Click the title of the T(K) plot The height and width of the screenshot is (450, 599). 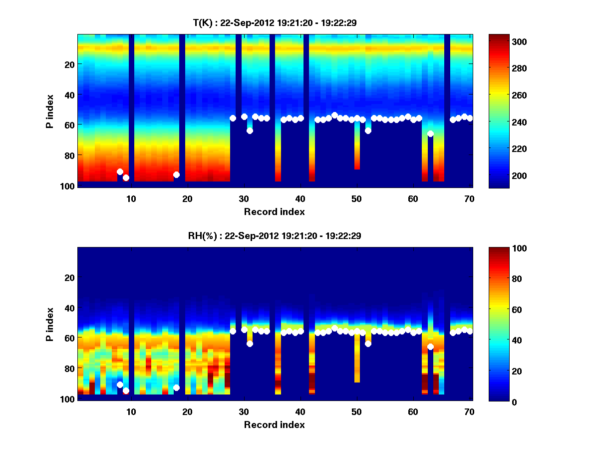(275, 22)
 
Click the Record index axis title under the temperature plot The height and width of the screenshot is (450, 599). (275, 211)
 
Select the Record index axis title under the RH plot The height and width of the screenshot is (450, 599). (275, 424)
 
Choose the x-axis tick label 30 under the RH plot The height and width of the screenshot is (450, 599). (244, 411)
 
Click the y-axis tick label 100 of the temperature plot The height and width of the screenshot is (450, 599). (68, 186)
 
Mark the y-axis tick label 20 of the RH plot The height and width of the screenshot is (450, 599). (70, 277)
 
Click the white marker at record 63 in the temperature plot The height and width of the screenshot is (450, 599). (430, 133)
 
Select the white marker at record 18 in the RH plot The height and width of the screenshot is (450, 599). (176, 387)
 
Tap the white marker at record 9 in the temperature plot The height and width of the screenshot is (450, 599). (126, 177)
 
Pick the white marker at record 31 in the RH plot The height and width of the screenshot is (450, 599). (250, 343)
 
